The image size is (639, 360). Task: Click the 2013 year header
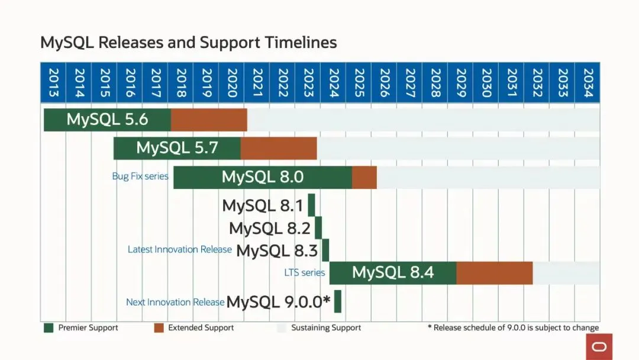pyautogui.click(x=53, y=83)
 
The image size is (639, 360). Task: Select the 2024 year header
pyautogui.click(x=333, y=83)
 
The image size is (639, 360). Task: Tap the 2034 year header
pyautogui.click(x=588, y=83)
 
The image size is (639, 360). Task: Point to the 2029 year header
pyautogui.click(x=460, y=83)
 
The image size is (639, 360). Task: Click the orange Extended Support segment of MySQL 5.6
pyautogui.click(x=209, y=120)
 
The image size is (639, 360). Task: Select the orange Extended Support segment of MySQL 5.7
pyautogui.click(x=279, y=148)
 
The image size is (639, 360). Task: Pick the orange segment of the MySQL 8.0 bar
pyautogui.click(x=364, y=177)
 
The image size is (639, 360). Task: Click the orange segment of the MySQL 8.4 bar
pyautogui.click(x=495, y=272)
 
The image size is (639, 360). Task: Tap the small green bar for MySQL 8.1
pyautogui.click(x=311, y=205)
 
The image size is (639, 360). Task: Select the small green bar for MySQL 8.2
pyautogui.click(x=318, y=228)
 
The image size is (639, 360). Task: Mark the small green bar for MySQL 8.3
pyautogui.click(x=325, y=250)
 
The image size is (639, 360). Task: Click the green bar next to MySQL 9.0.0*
pyautogui.click(x=338, y=301)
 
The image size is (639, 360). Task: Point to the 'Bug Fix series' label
pyautogui.click(x=140, y=176)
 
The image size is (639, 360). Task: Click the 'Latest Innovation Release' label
pyautogui.click(x=179, y=250)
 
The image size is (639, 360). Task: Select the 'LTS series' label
pyautogui.click(x=305, y=273)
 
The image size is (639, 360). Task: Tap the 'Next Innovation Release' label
pyautogui.click(x=175, y=302)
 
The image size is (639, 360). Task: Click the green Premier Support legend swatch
pyautogui.click(x=49, y=327)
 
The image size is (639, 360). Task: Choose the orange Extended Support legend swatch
pyautogui.click(x=159, y=327)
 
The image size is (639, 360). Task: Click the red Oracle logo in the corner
pyautogui.click(x=599, y=346)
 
